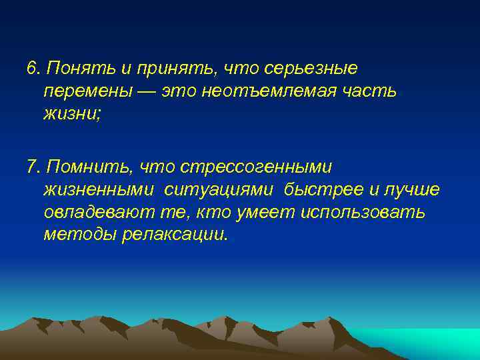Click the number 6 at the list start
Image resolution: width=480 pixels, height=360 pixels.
32,68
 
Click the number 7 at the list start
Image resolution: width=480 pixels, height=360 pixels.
32,167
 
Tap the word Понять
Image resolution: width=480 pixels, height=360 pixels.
70,68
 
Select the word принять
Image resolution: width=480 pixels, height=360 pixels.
155,69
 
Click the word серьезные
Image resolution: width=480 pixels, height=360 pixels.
311,69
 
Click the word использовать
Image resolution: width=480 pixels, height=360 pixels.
363,213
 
